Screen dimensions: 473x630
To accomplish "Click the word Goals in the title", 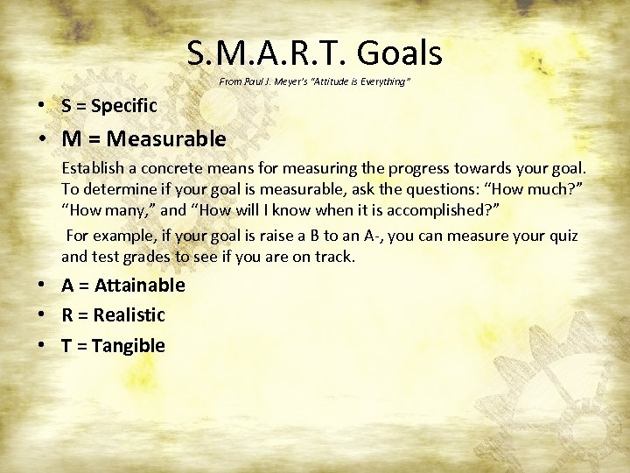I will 399,54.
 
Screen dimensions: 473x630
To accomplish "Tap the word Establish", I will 91,167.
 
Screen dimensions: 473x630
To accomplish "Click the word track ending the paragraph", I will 337,257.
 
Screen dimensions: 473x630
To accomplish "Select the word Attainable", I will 139,286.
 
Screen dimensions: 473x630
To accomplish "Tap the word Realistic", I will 129,315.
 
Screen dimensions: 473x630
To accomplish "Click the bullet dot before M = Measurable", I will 42,139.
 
